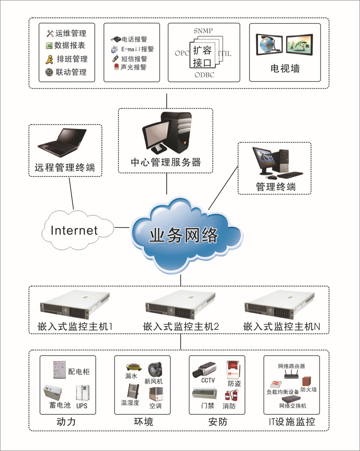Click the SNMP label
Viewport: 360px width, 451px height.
[203, 31]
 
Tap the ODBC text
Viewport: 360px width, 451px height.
[204, 75]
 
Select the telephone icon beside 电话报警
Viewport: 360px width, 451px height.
[116, 39]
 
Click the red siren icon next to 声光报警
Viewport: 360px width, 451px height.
[116, 67]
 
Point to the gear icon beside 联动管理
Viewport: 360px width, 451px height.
[49, 72]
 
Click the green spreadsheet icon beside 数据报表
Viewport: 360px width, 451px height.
[49, 46]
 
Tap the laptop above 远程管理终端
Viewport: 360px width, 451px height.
[62, 143]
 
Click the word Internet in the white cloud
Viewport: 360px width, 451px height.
[74, 230]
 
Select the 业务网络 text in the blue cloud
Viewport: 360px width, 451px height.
[184, 235]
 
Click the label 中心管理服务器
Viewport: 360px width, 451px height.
[166, 162]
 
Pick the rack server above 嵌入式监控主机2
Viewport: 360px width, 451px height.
[180, 305]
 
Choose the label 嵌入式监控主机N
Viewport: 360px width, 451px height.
[281, 327]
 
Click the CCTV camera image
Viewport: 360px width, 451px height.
[205, 369]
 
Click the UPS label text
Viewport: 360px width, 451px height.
[82, 406]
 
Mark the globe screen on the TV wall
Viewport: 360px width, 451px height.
[269, 44]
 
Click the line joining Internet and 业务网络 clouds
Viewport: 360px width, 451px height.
[122, 227]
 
